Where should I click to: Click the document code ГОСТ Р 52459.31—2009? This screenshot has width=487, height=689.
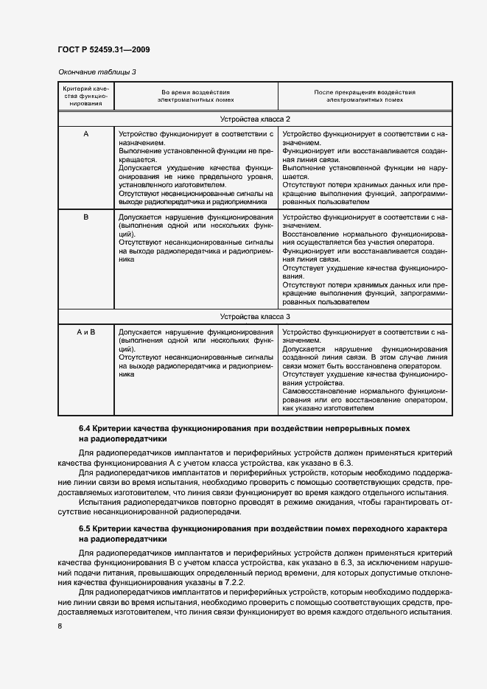point(104,50)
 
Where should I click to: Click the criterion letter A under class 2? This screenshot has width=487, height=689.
point(86,135)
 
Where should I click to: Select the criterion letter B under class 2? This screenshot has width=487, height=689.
point(86,217)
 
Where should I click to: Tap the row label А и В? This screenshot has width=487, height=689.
point(86,332)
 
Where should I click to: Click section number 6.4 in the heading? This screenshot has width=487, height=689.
point(84,428)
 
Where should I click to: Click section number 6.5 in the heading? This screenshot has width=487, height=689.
point(84,530)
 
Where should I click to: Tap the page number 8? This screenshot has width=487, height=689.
point(60,626)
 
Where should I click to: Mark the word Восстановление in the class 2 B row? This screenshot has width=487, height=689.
point(313,234)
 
